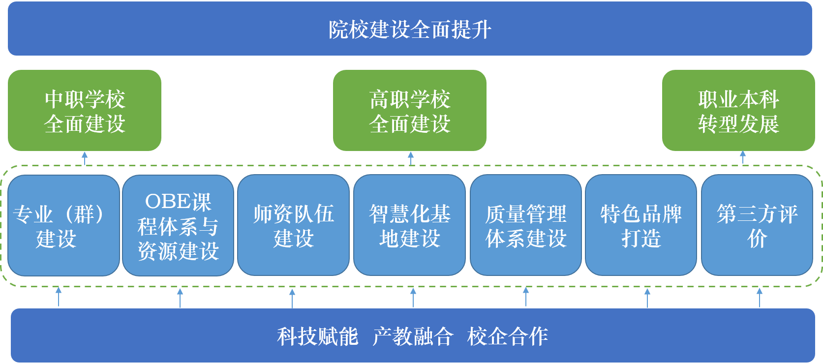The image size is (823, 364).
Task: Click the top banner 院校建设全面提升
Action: pyautogui.click(x=410, y=29)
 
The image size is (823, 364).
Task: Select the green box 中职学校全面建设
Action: pyautogui.click(x=85, y=111)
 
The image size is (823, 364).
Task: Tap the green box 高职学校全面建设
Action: pyautogui.click(x=410, y=111)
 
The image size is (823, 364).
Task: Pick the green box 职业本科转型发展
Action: pyautogui.click(x=738, y=111)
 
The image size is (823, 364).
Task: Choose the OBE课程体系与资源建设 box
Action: pyautogui.click(x=178, y=226)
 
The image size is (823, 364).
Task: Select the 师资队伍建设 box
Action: pyautogui.click(x=293, y=226)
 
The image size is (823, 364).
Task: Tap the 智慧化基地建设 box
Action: pyautogui.click(x=409, y=226)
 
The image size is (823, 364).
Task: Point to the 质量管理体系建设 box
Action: pyautogui.click(x=525, y=226)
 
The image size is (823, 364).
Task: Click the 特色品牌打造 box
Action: pyautogui.click(x=640, y=226)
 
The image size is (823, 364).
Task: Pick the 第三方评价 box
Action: pyautogui.click(x=757, y=226)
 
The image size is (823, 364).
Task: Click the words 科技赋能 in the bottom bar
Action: pyautogui.click(x=317, y=337)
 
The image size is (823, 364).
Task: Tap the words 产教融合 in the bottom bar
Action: pyautogui.click(x=412, y=337)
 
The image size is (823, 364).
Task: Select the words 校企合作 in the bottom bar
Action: pyautogui.click(x=507, y=337)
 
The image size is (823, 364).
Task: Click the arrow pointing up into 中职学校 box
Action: pyautogui.click(x=85, y=158)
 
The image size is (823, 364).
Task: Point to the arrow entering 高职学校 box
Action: pyautogui.click(x=411, y=158)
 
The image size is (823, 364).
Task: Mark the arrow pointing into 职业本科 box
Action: pyautogui.click(x=743, y=157)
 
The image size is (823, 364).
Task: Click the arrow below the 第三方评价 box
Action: pyautogui.click(x=759, y=297)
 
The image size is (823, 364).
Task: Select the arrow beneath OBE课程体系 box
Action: pyautogui.click(x=180, y=297)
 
